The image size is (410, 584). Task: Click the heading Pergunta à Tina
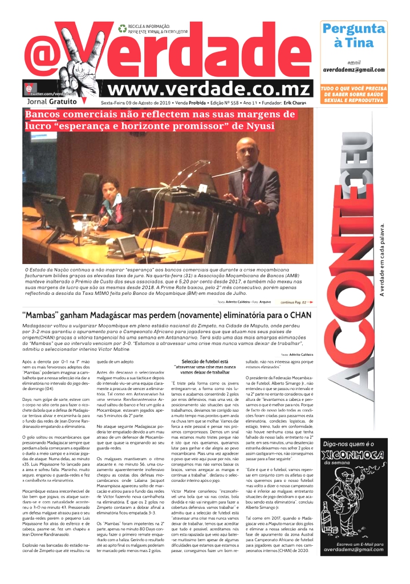354,35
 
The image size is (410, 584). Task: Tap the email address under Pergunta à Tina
354,69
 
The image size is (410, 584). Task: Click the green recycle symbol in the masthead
122,28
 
